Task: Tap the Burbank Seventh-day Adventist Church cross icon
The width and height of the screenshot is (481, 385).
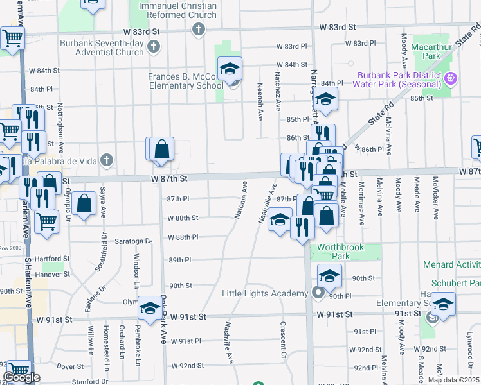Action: [153, 46]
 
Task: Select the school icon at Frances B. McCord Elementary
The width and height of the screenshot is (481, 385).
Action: [229, 69]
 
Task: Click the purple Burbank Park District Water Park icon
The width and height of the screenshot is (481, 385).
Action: [451, 79]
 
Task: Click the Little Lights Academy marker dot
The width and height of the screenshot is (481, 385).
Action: [318, 293]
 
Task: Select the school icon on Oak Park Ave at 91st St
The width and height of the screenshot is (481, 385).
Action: [150, 309]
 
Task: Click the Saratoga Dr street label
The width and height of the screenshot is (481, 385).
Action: [132, 241]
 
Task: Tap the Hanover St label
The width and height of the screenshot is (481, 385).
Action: [53, 274]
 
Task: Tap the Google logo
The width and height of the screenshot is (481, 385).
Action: [21, 377]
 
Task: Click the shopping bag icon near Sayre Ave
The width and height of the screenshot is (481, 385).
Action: [85, 204]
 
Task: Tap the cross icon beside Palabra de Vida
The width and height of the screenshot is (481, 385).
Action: [107, 160]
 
